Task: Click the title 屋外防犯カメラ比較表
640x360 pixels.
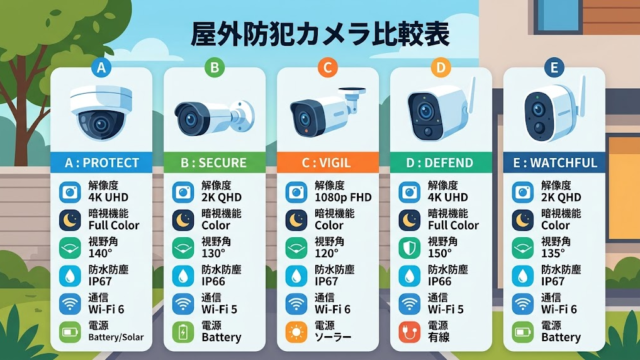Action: (320, 33)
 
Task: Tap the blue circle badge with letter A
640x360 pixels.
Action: (101, 67)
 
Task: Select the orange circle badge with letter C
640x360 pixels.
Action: (327, 67)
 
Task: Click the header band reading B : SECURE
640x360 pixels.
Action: (214, 162)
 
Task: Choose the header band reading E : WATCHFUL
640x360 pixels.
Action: (554, 162)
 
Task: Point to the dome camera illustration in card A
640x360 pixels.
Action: (101, 113)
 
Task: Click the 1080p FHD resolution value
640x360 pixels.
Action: (343, 198)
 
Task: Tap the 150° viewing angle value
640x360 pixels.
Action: (439, 253)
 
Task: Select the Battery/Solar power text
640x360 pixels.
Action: (116, 337)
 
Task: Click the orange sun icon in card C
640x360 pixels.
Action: (296, 332)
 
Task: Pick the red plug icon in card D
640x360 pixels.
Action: (409, 332)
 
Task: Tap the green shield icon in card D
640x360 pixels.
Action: (409, 248)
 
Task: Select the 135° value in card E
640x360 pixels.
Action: (553, 253)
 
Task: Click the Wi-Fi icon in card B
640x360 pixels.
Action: (183, 304)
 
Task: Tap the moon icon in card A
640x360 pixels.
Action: (70, 220)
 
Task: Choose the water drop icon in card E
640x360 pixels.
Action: (523, 276)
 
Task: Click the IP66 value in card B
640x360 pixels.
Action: (214, 282)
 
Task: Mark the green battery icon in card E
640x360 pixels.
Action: (523, 332)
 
